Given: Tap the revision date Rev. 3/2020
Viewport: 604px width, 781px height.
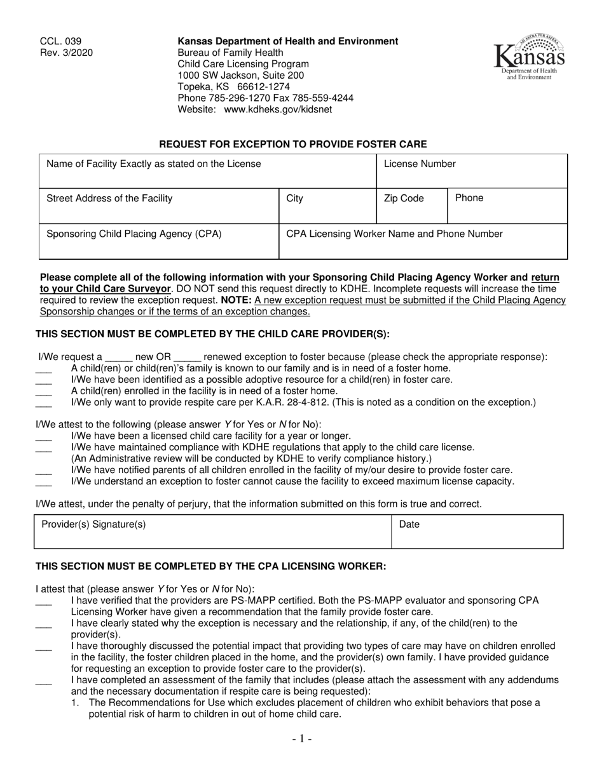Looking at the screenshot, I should [66, 53].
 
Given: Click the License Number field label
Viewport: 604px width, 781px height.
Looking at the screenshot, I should [420, 164].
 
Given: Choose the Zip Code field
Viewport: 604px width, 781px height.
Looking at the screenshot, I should [412, 207].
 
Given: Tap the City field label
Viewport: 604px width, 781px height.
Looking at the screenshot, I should [295, 199].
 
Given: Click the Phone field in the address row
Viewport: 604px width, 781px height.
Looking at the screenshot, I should [507, 207].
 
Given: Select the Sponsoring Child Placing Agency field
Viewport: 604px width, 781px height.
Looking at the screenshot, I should [159, 242].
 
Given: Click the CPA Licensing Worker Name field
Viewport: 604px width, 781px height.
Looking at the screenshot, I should [423, 242].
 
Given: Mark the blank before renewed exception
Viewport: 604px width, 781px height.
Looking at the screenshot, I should [187, 357].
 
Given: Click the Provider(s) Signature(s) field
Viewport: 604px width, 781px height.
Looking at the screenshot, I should [213, 532].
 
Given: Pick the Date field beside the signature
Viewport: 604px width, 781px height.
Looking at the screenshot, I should [477, 532].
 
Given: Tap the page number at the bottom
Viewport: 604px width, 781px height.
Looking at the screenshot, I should [302, 738].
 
